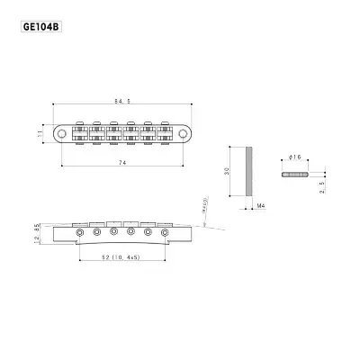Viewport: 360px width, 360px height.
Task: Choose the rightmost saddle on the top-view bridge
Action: pyautogui.click(x=166, y=135)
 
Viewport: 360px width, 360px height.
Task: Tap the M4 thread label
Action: pyautogui.click(x=260, y=207)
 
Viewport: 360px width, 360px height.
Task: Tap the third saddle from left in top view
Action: pyautogui.click(x=113, y=135)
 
